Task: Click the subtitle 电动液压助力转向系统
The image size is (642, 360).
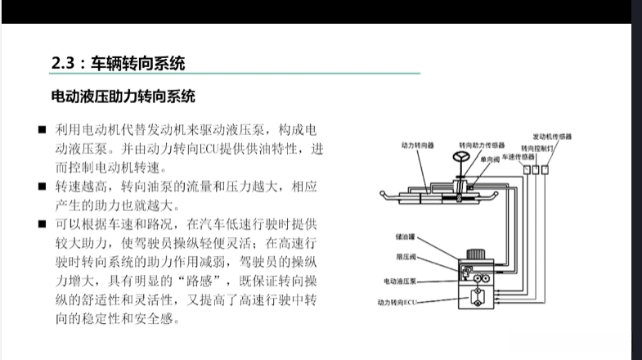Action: point(123,97)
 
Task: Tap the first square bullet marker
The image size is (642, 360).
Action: point(41,131)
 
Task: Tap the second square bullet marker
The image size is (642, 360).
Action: point(41,187)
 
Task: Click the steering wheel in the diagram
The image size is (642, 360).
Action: point(461,158)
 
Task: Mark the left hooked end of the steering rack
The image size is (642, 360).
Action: point(385,195)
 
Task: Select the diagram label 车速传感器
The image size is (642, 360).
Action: point(518,155)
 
